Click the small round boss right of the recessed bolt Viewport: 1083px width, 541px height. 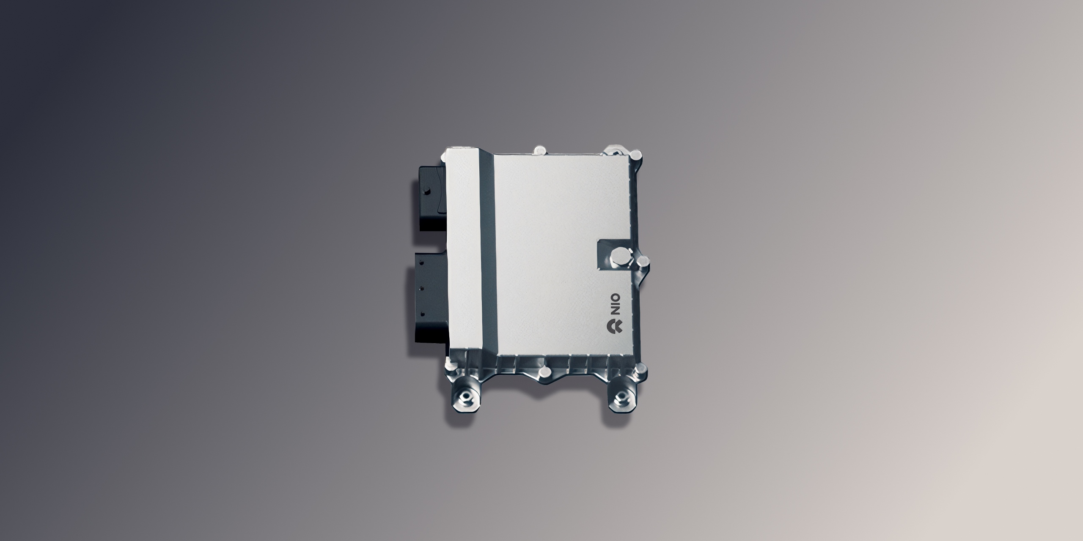(643, 261)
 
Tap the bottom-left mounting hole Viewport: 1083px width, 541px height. (466, 397)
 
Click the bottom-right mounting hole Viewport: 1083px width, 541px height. (621, 397)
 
